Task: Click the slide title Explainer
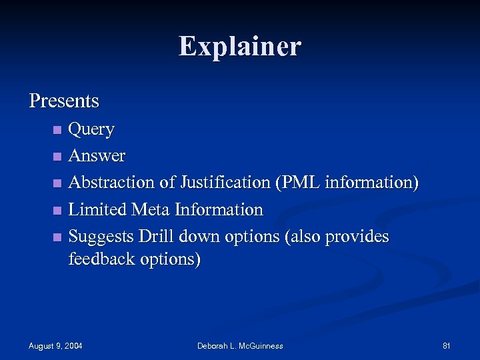[x=240, y=47]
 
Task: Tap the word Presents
[x=64, y=101]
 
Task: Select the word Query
[x=92, y=129]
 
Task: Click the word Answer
[x=97, y=156]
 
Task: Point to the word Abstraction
[x=111, y=183]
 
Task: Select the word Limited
[x=98, y=210]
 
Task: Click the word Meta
[x=151, y=210]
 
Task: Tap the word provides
[x=355, y=237]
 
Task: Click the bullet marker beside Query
[x=58, y=129]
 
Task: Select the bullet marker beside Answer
[x=58, y=157]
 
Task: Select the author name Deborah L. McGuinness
[x=240, y=345]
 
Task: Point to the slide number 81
[x=447, y=345]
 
